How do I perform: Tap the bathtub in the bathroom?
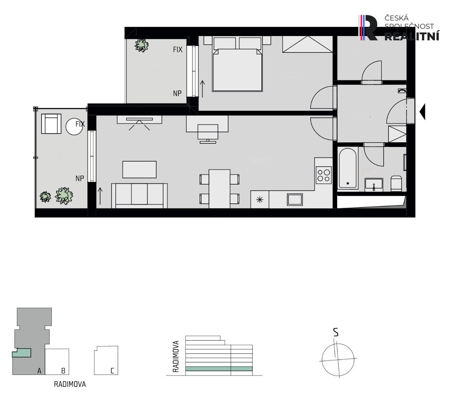coord(348,168)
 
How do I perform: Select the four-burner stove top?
coord(324,175)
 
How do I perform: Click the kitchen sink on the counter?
coord(295,199)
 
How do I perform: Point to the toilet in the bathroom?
coord(396,183)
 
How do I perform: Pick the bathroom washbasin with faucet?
coord(374,184)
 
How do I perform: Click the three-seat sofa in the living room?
coord(139,196)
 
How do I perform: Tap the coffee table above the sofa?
coord(139,170)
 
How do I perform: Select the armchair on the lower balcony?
coord(51,124)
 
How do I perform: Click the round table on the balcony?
coord(74,127)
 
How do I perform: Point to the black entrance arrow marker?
coord(422,112)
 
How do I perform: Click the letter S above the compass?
coord(336,332)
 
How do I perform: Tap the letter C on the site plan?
coord(112,371)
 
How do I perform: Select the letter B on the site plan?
coord(63,371)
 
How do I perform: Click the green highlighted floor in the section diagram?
coord(219,369)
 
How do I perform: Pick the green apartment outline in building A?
coord(21,353)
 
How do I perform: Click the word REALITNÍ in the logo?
coord(412,36)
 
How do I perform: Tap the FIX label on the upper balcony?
coord(178,49)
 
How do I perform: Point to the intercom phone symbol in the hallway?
coord(402,91)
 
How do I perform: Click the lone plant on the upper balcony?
coord(142,45)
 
